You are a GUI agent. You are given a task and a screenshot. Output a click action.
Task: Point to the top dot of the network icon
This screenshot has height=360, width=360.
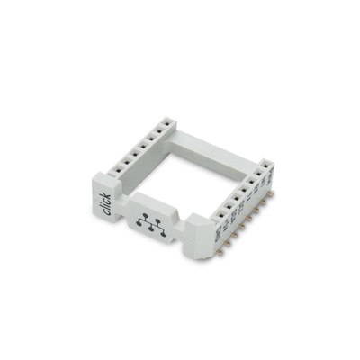144,216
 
